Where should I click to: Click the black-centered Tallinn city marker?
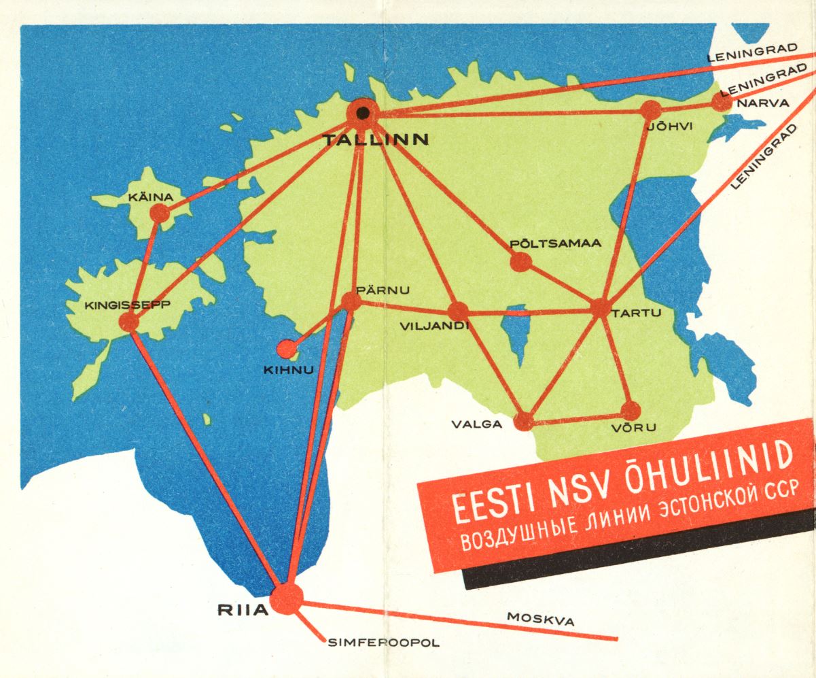pyautogui.click(x=363, y=113)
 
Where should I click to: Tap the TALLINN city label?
pyautogui.click(x=376, y=140)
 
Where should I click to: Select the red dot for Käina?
pyautogui.click(x=159, y=214)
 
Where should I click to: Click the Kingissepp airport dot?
pyautogui.click(x=128, y=322)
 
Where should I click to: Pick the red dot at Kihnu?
pyautogui.click(x=287, y=349)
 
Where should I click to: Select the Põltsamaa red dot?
pyautogui.click(x=520, y=261)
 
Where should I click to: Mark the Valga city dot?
pyautogui.click(x=524, y=421)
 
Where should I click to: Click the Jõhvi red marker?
pyautogui.click(x=651, y=109)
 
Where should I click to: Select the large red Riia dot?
pyautogui.click(x=286, y=599)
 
